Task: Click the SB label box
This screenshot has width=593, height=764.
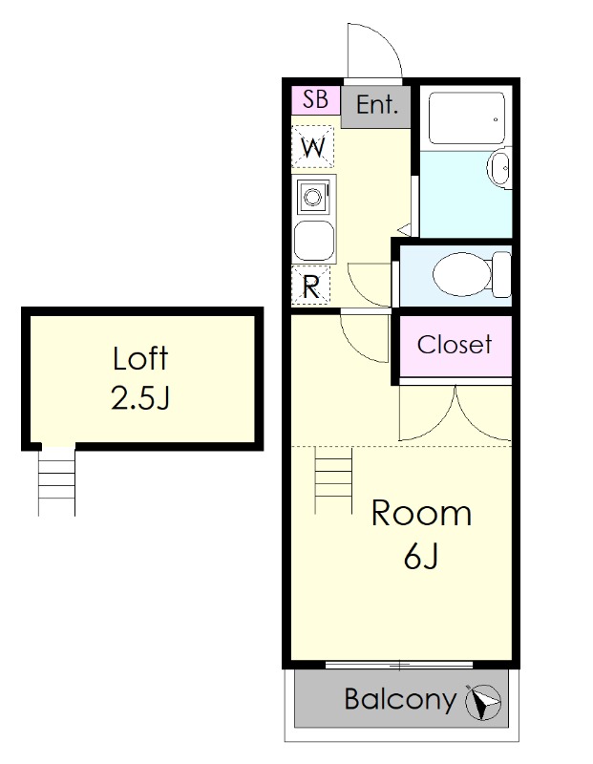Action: click(316, 100)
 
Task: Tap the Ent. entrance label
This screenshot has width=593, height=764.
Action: click(376, 105)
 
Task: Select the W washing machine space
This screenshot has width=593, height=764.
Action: click(313, 147)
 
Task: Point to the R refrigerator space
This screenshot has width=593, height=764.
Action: click(311, 286)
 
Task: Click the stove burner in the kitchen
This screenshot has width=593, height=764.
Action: click(312, 197)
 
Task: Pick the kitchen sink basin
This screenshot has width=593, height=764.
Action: click(314, 241)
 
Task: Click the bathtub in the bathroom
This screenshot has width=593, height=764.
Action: click(466, 117)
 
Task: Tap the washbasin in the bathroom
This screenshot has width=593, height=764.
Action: click(499, 169)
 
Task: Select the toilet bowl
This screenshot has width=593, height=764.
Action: click(462, 274)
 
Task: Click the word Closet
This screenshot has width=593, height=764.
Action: click(455, 345)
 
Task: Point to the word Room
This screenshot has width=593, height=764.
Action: click(421, 513)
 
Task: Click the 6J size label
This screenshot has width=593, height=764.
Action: click(421, 556)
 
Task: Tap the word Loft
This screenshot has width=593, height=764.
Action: click(140, 359)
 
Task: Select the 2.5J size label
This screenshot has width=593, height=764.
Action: click(140, 397)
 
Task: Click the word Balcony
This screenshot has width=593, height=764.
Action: click(400, 700)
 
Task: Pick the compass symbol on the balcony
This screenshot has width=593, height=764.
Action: click(483, 702)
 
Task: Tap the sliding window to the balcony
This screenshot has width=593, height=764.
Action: click(399, 665)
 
